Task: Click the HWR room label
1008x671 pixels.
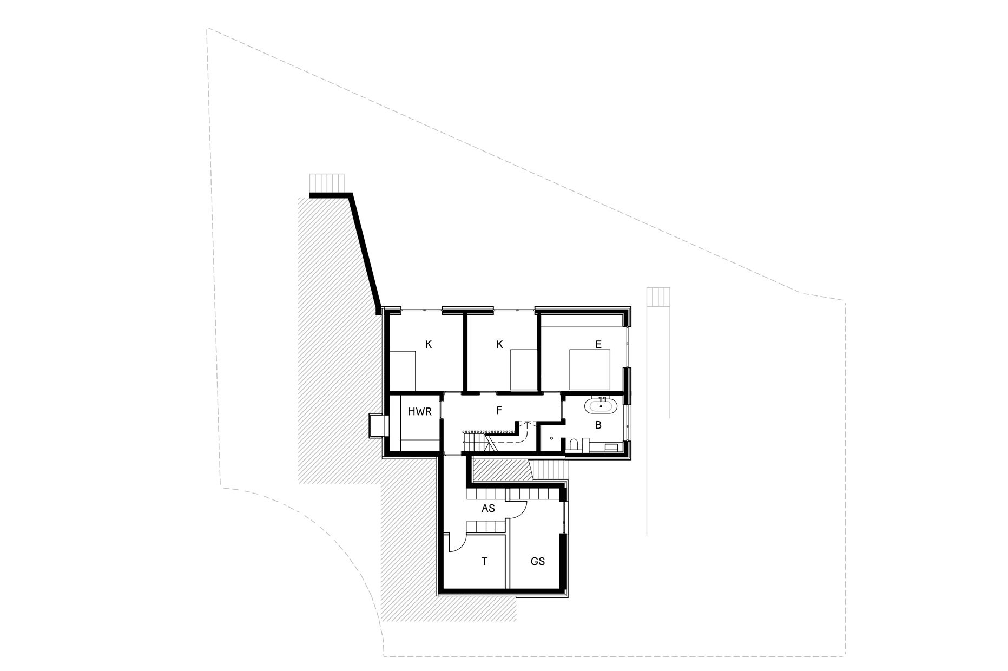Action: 419,412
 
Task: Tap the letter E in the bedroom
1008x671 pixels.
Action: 598,344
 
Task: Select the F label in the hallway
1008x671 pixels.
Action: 499,411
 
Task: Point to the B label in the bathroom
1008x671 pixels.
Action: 598,425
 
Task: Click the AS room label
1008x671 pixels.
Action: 488,509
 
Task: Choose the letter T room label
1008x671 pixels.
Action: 484,562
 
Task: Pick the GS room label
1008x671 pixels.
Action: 537,562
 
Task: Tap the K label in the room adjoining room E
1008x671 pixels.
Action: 499,344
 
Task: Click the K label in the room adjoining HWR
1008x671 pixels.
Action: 429,344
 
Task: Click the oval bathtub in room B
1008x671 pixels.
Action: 601,405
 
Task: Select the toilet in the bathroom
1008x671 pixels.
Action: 574,445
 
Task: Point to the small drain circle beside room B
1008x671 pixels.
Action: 551,439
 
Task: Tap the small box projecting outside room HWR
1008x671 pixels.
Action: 377,425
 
